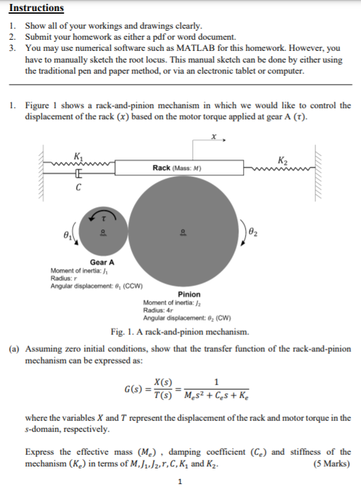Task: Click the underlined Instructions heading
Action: coord(36,8)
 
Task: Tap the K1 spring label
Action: coord(79,155)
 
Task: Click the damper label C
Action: coord(78,188)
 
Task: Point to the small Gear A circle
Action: coord(101,231)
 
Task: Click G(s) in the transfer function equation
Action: coord(134,390)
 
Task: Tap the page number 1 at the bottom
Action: coord(180,482)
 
